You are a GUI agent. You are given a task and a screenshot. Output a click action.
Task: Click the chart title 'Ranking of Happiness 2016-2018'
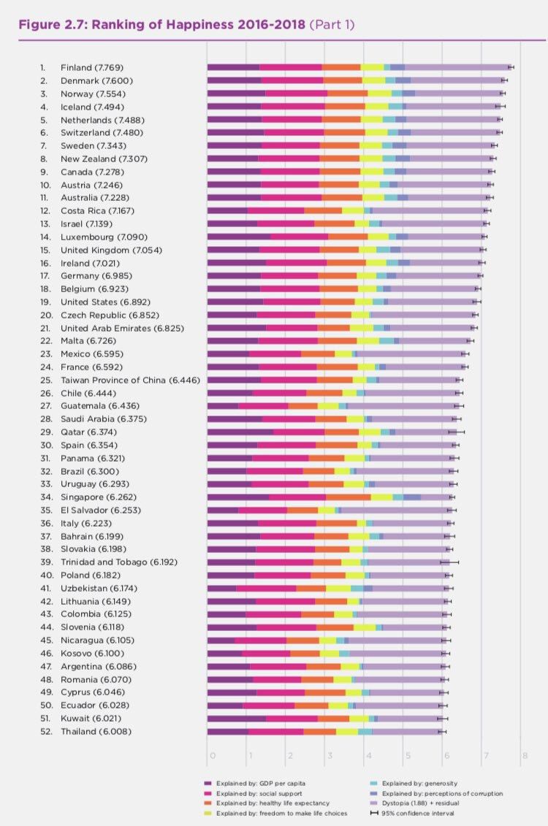click(x=198, y=25)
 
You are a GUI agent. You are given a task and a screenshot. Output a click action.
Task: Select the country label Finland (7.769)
click(x=91, y=67)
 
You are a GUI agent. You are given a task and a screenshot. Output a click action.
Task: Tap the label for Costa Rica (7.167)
click(x=97, y=211)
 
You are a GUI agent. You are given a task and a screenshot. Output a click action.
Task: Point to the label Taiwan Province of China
click(x=113, y=380)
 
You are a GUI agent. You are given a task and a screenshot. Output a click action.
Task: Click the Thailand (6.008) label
click(x=96, y=731)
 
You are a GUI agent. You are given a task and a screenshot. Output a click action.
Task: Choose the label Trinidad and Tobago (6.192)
click(x=119, y=562)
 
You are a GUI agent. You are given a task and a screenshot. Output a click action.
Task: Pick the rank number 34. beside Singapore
click(x=46, y=497)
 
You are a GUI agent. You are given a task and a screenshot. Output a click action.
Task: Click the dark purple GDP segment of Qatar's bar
click(x=240, y=432)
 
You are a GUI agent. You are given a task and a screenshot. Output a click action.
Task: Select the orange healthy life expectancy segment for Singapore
click(x=349, y=497)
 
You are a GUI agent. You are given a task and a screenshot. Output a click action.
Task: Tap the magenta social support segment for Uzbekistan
click(x=266, y=589)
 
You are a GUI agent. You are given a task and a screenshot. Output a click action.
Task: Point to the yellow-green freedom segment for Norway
click(x=379, y=93)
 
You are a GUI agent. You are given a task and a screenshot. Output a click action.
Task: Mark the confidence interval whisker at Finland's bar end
click(x=511, y=67)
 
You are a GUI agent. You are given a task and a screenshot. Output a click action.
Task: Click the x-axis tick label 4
click(x=368, y=755)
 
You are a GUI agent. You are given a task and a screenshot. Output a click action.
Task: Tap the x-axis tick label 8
click(x=525, y=755)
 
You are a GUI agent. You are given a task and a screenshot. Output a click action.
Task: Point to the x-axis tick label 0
click(x=213, y=755)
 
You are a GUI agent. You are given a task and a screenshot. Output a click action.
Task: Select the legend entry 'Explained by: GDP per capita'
click(x=255, y=784)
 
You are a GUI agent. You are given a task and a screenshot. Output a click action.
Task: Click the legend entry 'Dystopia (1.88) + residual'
click(x=415, y=803)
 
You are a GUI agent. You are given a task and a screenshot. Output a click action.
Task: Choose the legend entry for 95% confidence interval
click(x=412, y=814)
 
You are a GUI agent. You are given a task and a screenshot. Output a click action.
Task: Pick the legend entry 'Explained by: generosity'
click(x=414, y=784)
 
